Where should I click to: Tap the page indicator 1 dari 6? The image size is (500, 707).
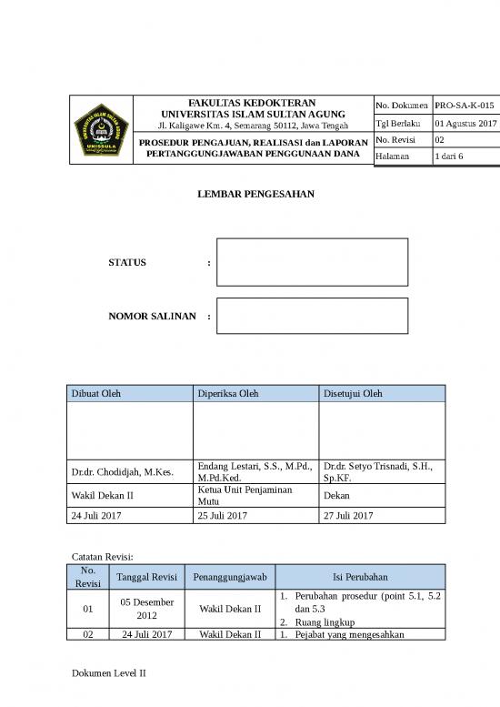coord(449,157)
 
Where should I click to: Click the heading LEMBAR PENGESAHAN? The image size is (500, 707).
coord(249,195)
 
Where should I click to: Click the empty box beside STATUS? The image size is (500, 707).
coord(312,262)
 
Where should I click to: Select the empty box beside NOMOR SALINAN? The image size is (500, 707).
coord(312,316)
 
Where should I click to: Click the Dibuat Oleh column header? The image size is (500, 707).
coord(95,393)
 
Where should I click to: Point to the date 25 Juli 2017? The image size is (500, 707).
coord(222,516)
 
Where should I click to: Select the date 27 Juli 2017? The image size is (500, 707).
coord(347,516)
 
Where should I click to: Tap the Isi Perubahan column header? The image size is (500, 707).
coord(359,577)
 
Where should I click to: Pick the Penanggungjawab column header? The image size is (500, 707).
coord(229,577)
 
